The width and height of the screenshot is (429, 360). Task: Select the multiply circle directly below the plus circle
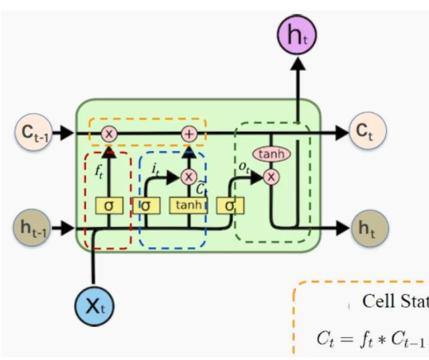[188, 177]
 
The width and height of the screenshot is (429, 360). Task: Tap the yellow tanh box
[188, 205]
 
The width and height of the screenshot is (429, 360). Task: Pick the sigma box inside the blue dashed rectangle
[147, 205]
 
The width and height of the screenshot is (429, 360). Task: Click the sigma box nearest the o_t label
[231, 205]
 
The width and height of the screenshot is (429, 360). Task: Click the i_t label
[155, 169]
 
